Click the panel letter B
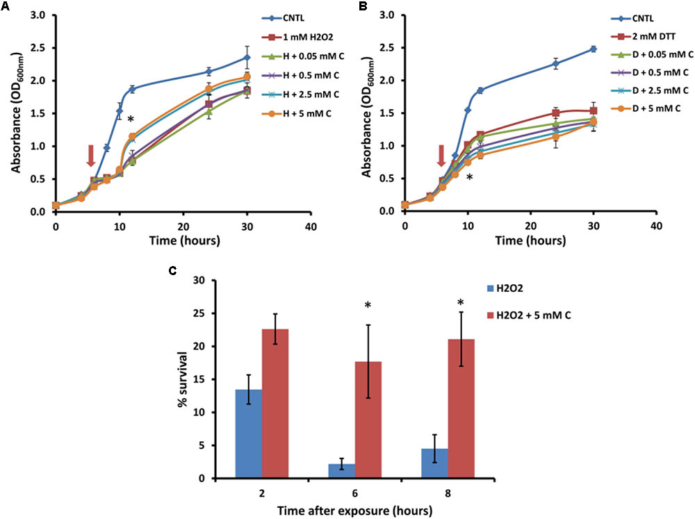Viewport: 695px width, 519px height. (361, 8)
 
